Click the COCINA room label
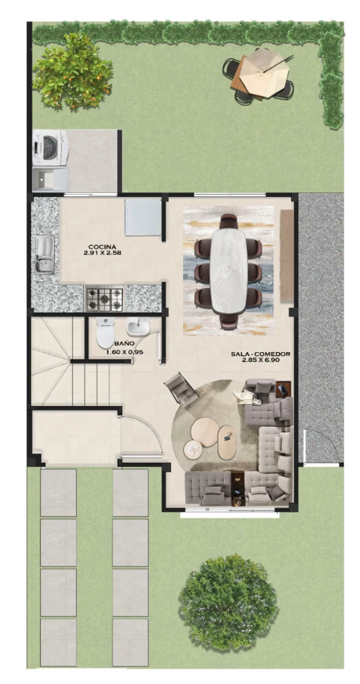(102, 246)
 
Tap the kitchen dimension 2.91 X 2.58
(102, 252)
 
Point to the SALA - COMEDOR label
(260, 354)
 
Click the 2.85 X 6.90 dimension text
(260, 360)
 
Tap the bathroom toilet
(105, 332)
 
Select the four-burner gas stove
(104, 298)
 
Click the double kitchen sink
(45, 254)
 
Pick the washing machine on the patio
(49, 148)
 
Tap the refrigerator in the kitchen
(143, 217)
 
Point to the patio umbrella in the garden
(264, 73)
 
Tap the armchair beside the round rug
(181, 389)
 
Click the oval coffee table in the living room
(227, 442)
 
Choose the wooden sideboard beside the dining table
(287, 256)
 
